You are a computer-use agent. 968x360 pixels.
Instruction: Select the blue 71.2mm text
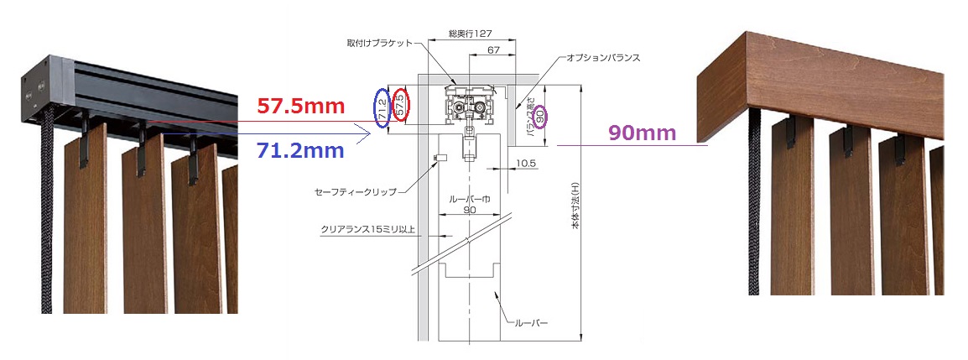pos(299,150)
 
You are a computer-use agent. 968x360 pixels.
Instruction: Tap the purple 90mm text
pos(642,133)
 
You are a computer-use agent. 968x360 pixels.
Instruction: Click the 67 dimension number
pos(492,50)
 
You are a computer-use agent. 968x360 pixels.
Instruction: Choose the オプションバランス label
pos(603,57)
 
